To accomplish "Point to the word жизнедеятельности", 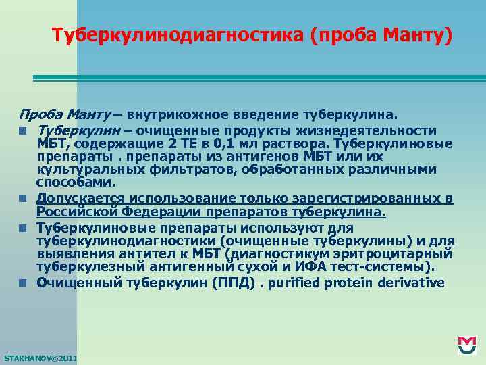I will [378, 130].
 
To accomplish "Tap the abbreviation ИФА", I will [306, 266].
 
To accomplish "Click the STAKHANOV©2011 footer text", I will [40, 357].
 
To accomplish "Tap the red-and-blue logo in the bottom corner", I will [466, 345].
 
